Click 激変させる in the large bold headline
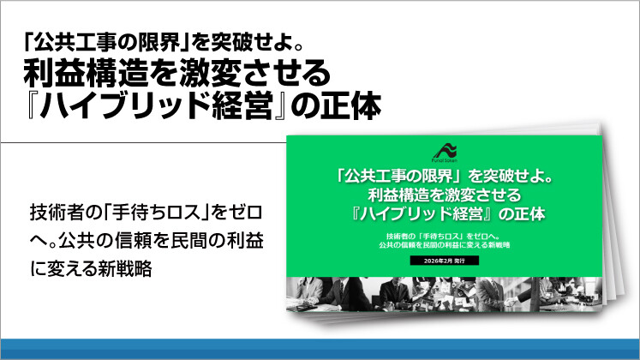click(x=239, y=75)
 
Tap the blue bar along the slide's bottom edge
click(x=320, y=349)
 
